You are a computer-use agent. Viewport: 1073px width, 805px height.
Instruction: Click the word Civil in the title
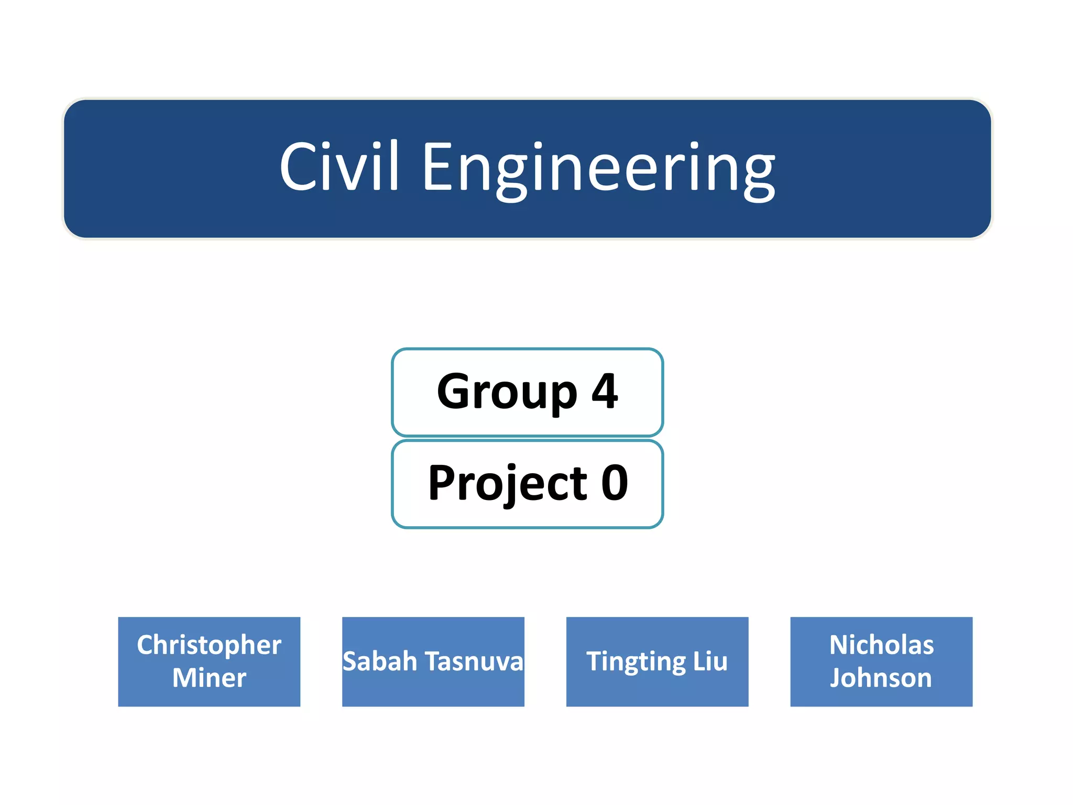[x=340, y=167]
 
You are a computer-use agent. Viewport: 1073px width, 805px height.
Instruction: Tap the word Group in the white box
[x=507, y=392]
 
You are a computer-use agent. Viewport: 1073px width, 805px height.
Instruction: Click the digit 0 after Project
[x=615, y=483]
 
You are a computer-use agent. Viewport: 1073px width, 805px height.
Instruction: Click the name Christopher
[x=209, y=646]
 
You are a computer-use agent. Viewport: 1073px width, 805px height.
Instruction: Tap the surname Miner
[x=209, y=678]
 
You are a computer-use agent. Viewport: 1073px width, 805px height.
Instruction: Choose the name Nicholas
[x=881, y=645]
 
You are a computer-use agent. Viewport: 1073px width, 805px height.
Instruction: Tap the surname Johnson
[x=881, y=678]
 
